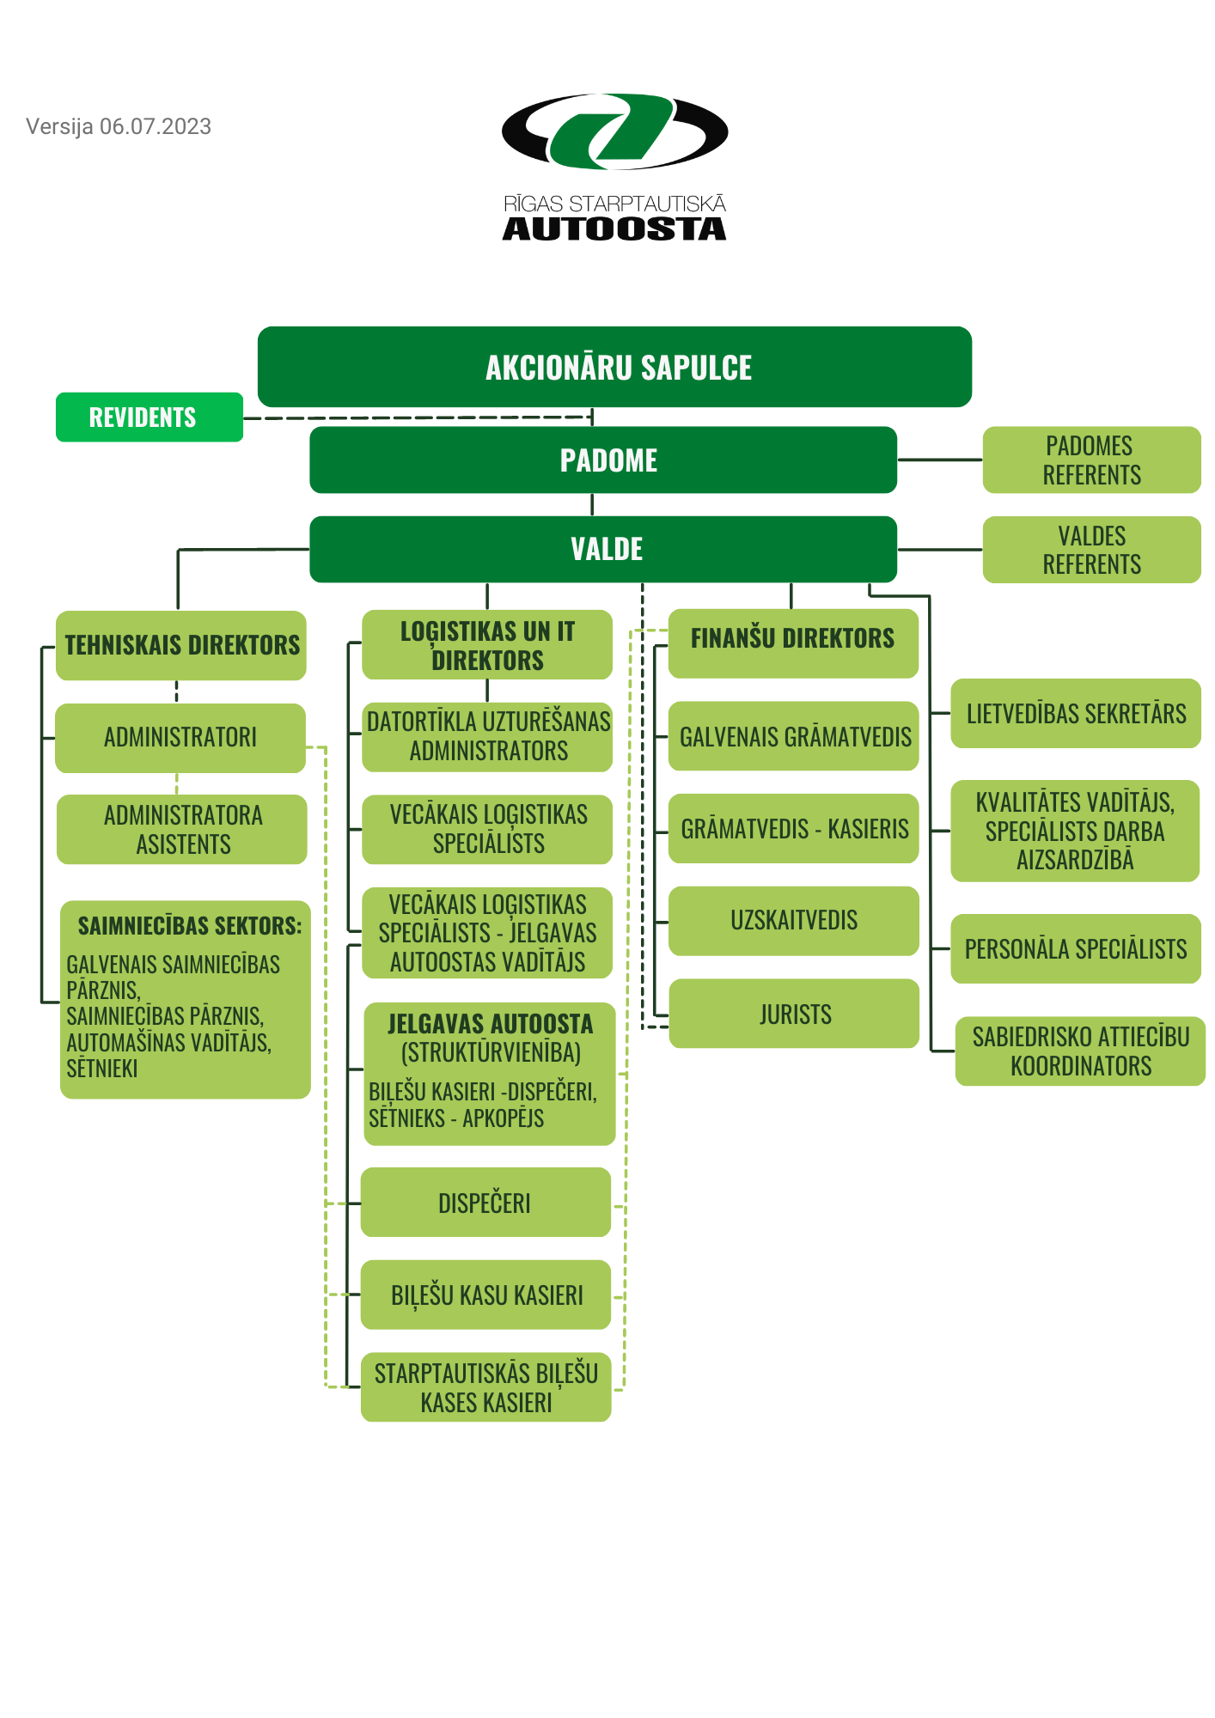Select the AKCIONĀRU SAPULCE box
point(614,367)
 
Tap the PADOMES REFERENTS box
point(1091,460)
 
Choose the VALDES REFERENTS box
point(1091,550)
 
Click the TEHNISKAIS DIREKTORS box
point(181,645)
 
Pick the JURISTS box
point(794,1014)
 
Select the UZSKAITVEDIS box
point(794,921)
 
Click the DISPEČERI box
point(485,1203)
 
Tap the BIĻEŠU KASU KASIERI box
point(485,1295)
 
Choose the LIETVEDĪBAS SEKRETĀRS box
point(1075,713)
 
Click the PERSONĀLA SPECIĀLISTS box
point(1075,949)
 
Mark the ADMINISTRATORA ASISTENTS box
point(182,830)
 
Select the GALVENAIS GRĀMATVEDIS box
point(794,736)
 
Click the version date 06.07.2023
point(155,127)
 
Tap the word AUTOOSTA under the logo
point(614,228)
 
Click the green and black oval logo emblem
point(614,131)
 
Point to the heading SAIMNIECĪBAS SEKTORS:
point(189,926)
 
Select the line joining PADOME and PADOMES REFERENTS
point(940,460)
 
